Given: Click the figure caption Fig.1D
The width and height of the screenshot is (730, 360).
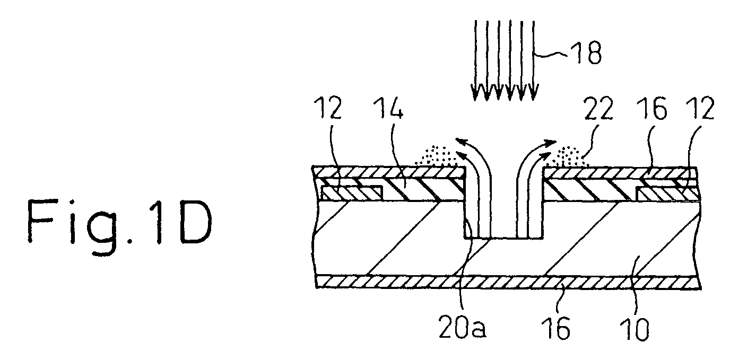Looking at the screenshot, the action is coord(120,222).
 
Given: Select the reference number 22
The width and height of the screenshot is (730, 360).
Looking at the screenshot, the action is coord(599,109).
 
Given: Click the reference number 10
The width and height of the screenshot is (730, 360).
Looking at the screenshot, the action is coord(634,329).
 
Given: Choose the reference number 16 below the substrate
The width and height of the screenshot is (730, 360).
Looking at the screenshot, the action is coord(556,328).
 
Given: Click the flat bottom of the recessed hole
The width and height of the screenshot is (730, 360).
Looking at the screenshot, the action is coord(503,238).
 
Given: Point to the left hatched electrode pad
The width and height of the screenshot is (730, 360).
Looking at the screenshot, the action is coord(352,193).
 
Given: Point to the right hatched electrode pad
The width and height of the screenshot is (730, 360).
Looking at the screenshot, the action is coord(668,194).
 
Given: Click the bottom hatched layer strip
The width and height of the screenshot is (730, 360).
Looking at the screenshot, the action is coord(508,282).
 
